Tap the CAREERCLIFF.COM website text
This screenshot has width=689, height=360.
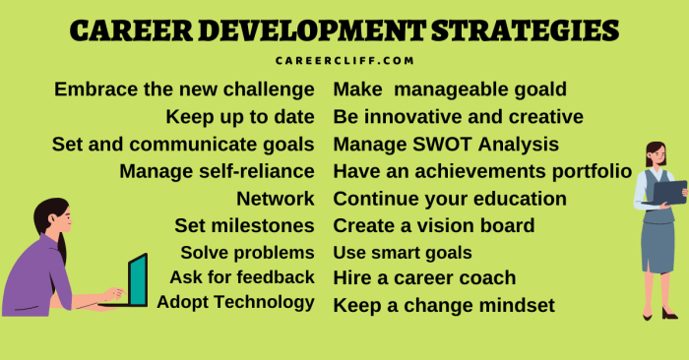(x=344, y=60)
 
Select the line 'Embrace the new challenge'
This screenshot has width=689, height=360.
(x=184, y=90)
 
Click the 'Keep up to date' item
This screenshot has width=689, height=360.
(x=240, y=117)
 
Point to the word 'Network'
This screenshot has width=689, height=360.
(x=276, y=199)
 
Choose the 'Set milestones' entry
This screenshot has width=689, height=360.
(x=244, y=225)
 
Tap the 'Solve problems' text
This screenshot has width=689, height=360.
(x=247, y=252)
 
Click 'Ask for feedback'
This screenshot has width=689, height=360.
(x=242, y=276)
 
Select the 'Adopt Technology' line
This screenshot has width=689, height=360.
(x=236, y=301)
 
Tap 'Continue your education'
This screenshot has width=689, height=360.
(x=450, y=199)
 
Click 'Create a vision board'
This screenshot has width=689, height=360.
(x=434, y=225)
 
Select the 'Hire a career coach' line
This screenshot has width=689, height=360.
(x=424, y=278)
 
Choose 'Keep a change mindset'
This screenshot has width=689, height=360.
(x=444, y=305)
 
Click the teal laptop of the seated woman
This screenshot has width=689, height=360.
(x=137, y=280)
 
